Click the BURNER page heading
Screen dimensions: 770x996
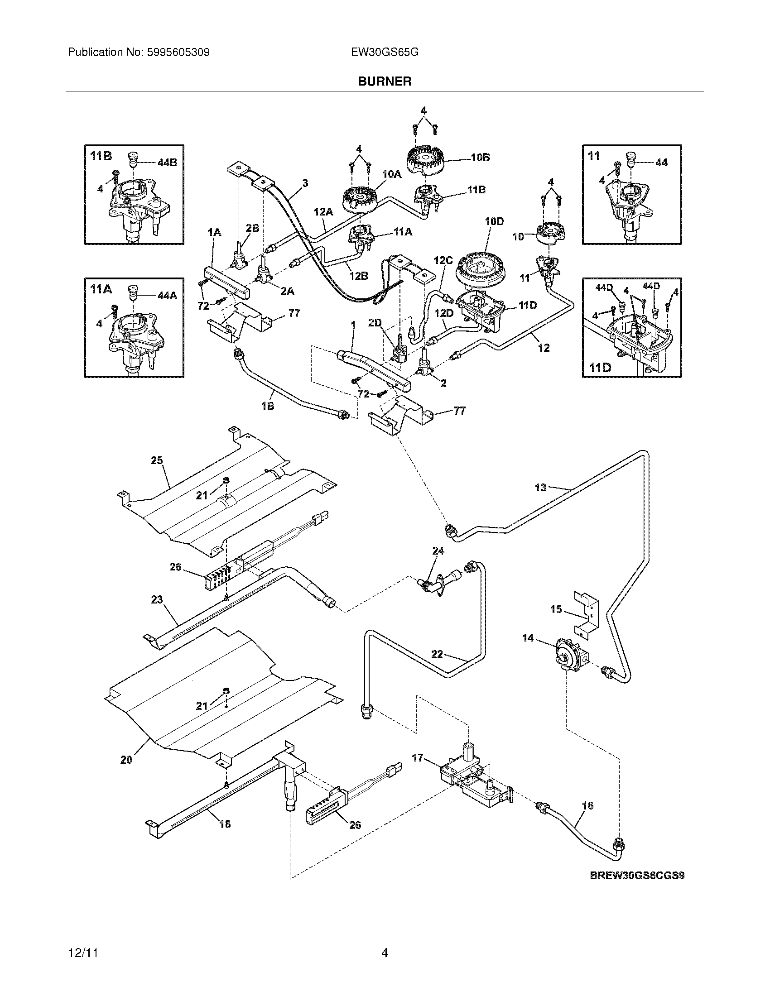click(385, 81)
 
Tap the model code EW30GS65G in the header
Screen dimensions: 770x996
click(385, 53)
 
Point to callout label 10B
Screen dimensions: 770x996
click(480, 158)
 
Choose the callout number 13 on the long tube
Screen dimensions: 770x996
click(540, 488)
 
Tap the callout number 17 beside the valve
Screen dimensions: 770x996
click(418, 758)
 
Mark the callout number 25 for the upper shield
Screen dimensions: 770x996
click(157, 460)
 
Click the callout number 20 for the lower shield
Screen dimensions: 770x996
click(126, 760)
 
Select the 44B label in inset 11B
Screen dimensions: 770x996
click(167, 163)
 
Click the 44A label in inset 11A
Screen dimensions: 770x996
click(167, 296)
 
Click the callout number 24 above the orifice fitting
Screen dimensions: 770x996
click(438, 551)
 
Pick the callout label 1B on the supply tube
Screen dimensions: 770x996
click(268, 405)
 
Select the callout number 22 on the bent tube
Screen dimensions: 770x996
click(437, 654)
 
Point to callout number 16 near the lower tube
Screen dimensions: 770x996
click(588, 805)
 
